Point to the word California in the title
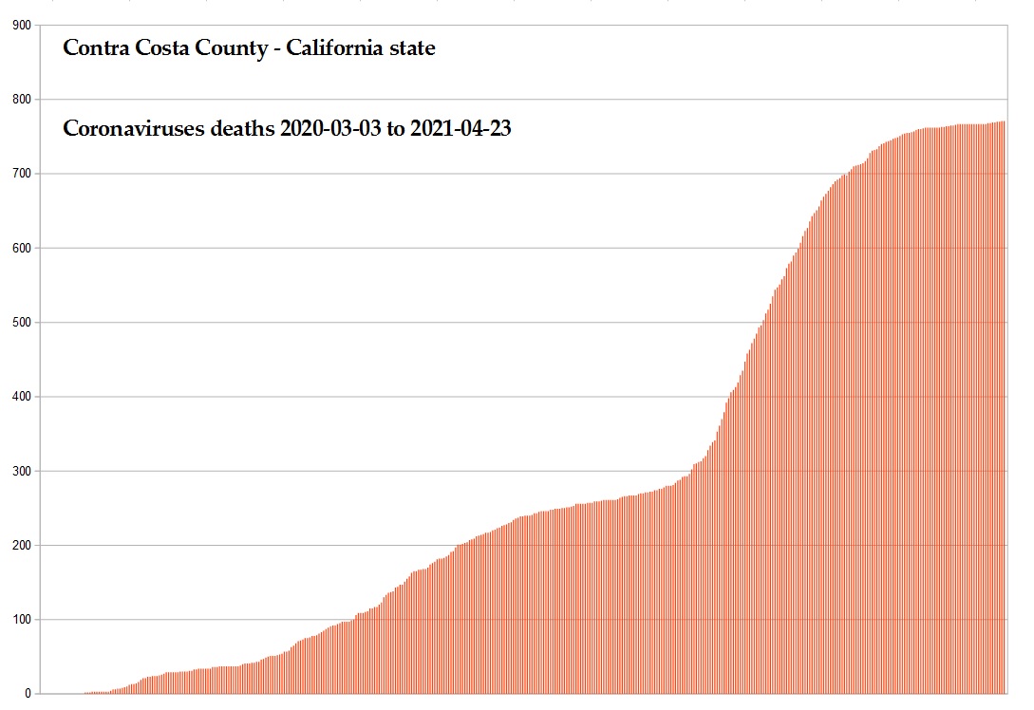pos(334,47)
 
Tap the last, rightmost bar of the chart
pos(1005,408)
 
